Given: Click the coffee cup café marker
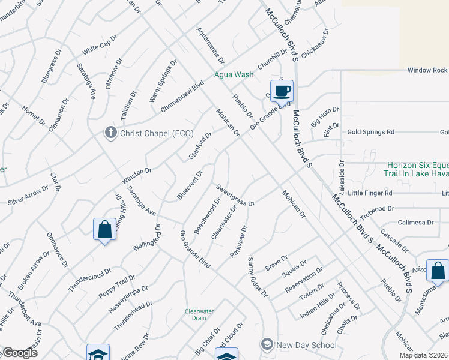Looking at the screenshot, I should (282, 91).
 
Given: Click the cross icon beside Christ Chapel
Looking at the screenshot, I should (110, 133).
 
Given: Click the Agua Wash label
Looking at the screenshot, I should (234, 75).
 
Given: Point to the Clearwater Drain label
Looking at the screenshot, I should (198, 316).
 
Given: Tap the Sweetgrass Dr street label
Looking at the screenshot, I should (235, 195).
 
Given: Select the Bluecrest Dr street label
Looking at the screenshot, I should (190, 185).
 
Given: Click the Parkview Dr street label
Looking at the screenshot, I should (239, 242).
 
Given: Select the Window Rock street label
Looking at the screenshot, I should (427, 70).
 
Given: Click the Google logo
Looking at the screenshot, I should (20, 353).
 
